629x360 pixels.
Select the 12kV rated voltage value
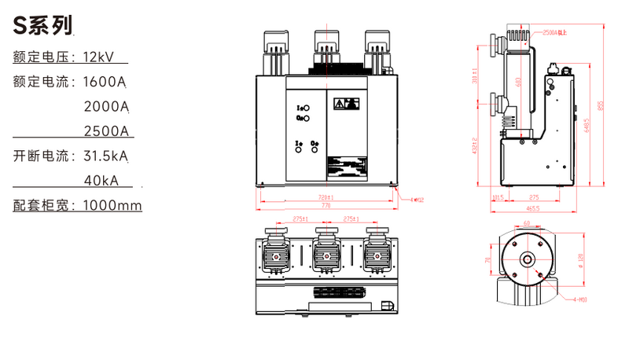pos(99,57)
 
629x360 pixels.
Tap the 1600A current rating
pos(105,81)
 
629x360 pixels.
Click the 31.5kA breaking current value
pos(105,156)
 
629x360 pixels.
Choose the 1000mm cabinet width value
pos(108,206)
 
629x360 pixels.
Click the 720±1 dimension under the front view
pos(326,197)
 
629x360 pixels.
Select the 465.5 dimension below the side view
pos(533,208)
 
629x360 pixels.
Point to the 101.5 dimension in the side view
pos(497,197)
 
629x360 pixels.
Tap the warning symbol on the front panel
pos(346,104)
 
